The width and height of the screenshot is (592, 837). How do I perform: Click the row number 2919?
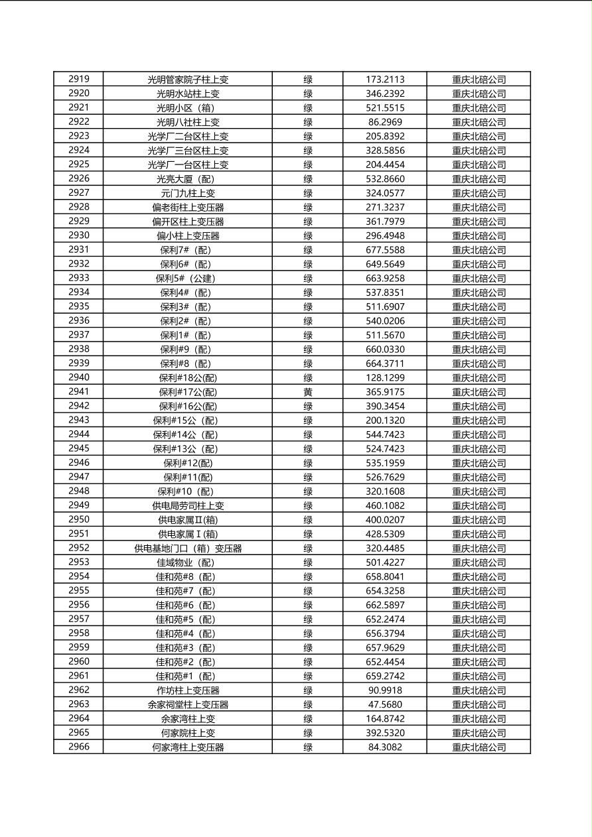click(x=78, y=79)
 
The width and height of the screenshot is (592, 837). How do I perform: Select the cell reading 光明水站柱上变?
click(x=188, y=94)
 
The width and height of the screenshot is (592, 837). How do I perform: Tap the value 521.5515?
click(x=385, y=107)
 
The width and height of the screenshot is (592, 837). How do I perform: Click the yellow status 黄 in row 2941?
click(x=308, y=392)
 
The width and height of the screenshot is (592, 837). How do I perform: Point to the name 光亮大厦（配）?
click(x=188, y=179)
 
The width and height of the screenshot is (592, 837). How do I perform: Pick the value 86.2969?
click(x=385, y=122)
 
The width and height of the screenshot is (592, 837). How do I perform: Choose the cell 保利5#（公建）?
click(x=188, y=279)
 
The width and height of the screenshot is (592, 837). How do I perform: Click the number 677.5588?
click(x=385, y=250)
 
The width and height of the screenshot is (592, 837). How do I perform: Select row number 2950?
click(x=78, y=519)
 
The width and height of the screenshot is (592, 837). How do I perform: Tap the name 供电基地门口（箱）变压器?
click(x=188, y=548)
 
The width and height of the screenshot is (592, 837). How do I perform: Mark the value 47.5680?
click(x=385, y=704)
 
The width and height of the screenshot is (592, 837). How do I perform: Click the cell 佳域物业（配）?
click(x=188, y=562)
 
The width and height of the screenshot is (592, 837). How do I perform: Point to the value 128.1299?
click(x=385, y=378)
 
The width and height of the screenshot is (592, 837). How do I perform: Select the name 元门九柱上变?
click(x=188, y=193)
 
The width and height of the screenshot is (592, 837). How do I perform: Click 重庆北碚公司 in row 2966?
click(x=479, y=747)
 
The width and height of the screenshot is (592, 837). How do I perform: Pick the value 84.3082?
click(x=385, y=747)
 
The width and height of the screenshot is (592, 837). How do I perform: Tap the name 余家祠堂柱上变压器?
click(x=188, y=704)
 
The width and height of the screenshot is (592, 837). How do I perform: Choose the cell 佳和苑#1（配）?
click(x=188, y=676)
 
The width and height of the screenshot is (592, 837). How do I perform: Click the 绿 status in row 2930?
click(x=308, y=235)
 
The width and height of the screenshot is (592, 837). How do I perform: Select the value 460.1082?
click(x=385, y=505)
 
